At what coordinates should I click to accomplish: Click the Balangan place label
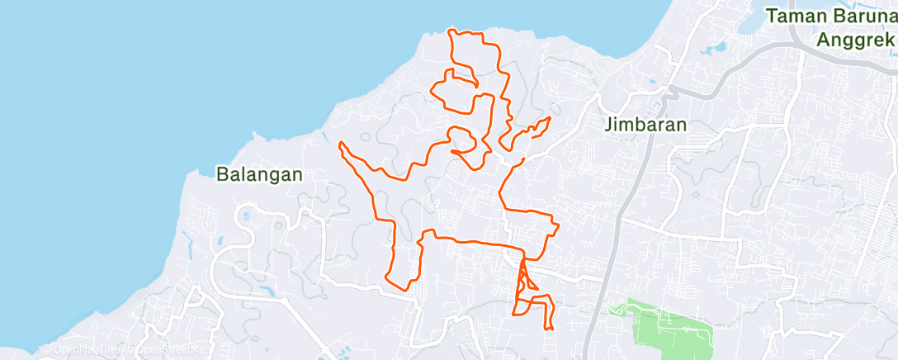click(x=259, y=174)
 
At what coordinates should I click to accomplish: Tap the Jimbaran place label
click(x=645, y=125)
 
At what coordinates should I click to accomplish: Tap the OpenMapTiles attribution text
click(x=83, y=349)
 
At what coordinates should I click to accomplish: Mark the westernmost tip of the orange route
click(x=340, y=144)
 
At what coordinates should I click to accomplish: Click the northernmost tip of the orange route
click(x=449, y=30)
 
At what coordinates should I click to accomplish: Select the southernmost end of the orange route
click(x=546, y=328)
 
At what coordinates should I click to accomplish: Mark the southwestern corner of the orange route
click(x=388, y=278)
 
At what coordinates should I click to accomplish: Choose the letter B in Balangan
click(x=223, y=174)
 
